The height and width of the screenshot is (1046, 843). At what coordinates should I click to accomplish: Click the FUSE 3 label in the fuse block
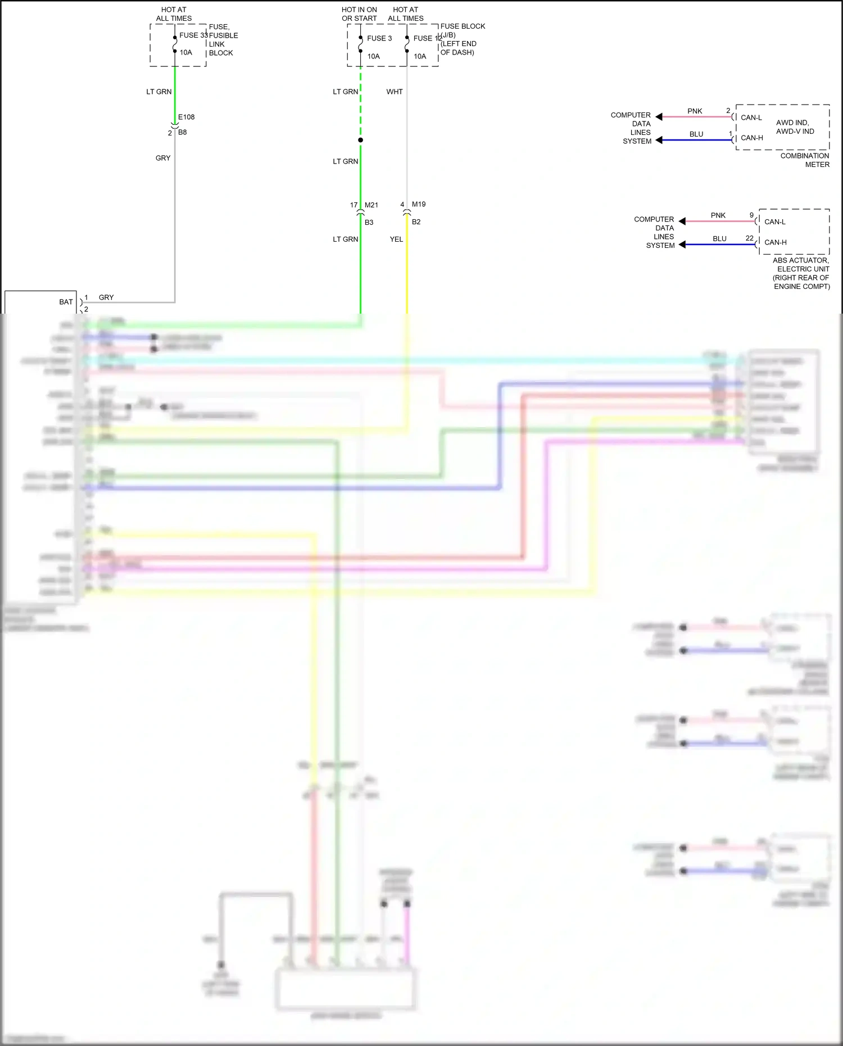point(379,38)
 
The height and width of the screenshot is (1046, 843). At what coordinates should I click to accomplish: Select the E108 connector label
point(187,117)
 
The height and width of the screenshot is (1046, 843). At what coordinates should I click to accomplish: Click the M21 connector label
point(371,205)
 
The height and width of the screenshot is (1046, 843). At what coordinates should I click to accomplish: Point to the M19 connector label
point(419,204)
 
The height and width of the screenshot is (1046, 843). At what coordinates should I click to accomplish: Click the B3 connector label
point(369,222)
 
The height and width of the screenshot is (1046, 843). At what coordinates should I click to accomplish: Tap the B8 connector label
point(182,132)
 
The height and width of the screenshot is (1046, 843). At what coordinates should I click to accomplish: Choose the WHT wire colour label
point(395,92)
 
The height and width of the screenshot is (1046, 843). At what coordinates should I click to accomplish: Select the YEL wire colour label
point(396,239)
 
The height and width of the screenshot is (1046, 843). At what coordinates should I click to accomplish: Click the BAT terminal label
point(66,302)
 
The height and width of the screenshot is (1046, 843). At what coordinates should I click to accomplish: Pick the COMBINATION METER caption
point(805,160)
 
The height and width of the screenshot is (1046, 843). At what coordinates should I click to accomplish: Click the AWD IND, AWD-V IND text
point(795,127)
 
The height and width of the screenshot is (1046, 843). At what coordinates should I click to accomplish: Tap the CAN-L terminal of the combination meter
point(751,117)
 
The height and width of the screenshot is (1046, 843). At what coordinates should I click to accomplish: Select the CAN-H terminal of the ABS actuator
point(775,242)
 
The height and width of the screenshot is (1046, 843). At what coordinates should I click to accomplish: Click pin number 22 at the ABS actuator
point(749,238)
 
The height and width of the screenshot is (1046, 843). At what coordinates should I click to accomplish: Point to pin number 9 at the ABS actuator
point(751,215)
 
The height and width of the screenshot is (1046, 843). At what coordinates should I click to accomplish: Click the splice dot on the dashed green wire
point(360,140)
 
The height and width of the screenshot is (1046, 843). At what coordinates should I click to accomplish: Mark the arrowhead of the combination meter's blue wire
point(659,140)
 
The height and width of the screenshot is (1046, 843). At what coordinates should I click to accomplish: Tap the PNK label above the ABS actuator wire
point(718,215)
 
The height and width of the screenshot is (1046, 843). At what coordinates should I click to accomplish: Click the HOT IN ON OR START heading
point(359,14)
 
